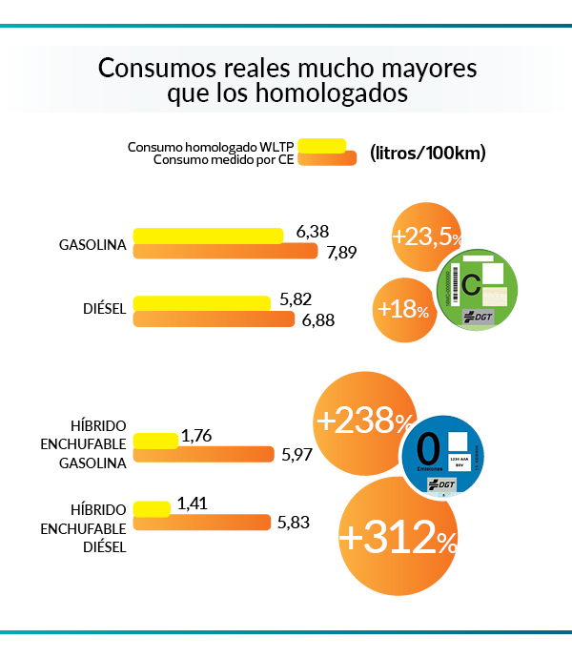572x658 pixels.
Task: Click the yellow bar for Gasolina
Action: click(208, 236)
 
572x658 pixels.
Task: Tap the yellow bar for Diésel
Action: click(201, 302)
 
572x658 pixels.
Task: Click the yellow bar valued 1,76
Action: click(155, 440)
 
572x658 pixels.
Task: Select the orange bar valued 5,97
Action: click(204, 455)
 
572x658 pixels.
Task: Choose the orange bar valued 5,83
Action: click(202, 523)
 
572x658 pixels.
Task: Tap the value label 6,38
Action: click(312, 231)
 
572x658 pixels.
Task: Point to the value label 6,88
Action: click(318, 320)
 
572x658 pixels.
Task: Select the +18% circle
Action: click(402, 310)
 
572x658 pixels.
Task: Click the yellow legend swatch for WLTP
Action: click(321, 145)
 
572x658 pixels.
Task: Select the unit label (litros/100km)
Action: click(427, 153)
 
